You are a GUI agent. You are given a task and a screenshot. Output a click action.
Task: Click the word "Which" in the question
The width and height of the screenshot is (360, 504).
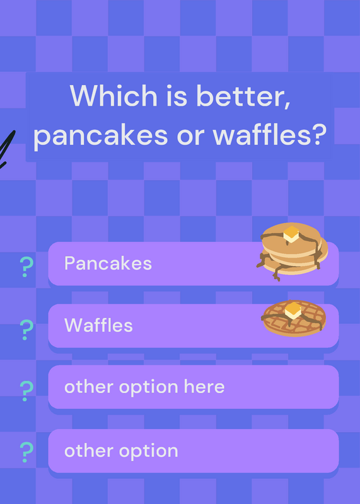(x=113, y=95)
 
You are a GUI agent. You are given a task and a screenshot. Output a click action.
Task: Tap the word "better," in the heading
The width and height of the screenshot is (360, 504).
(x=243, y=96)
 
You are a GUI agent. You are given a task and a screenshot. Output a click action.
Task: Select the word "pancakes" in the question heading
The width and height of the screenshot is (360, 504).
(x=100, y=134)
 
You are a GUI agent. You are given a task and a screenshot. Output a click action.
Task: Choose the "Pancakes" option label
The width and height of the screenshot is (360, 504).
(x=108, y=263)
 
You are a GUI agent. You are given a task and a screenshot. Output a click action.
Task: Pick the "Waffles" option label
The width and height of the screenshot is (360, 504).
(x=98, y=325)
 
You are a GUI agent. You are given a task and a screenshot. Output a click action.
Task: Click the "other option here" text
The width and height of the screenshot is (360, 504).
(x=144, y=387)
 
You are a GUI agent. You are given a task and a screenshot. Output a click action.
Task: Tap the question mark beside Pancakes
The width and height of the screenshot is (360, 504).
(x=26, y=266)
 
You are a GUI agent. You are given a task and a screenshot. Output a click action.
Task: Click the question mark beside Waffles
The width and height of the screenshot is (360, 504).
(x=26, y=329)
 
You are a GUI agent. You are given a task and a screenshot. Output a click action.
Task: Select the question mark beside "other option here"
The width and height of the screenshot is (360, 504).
(x=26, y=391)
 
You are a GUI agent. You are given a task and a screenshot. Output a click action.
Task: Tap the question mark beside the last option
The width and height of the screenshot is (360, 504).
(x=26, y=452)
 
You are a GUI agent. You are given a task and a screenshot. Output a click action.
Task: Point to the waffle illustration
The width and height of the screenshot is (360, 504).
(x=294, y=318)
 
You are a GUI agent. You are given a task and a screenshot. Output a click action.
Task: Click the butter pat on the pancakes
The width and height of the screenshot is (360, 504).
(x=291, y=234)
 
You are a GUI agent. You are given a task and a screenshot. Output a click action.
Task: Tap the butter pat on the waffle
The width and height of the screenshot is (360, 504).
(x=293, y=310)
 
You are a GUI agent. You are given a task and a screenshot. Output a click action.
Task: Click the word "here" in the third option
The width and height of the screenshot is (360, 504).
(x=204, y=386)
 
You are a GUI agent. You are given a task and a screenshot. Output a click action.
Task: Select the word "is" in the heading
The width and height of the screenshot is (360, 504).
(x=177, y=96)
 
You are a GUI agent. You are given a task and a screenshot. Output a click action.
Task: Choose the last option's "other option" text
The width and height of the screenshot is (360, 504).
(x=121, y=451)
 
